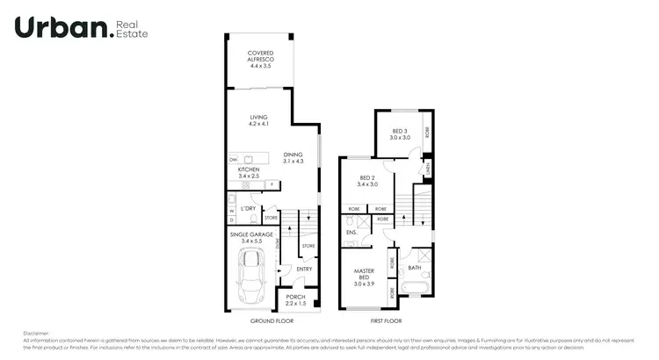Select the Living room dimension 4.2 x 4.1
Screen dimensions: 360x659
[x=257, y=124]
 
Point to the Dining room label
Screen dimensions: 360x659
[x=293, y=155]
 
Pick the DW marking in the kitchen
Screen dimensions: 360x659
[x=234, y=160]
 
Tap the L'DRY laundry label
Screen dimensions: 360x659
[x=250, y=208]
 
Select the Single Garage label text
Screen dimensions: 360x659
[x=251, y=234]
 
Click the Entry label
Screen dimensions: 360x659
[x=304, y=269]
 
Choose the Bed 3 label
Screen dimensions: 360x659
[x=401, y=131]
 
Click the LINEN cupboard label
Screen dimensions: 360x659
[x=427, y=165]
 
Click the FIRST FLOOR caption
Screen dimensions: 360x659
[x=387, y=320]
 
